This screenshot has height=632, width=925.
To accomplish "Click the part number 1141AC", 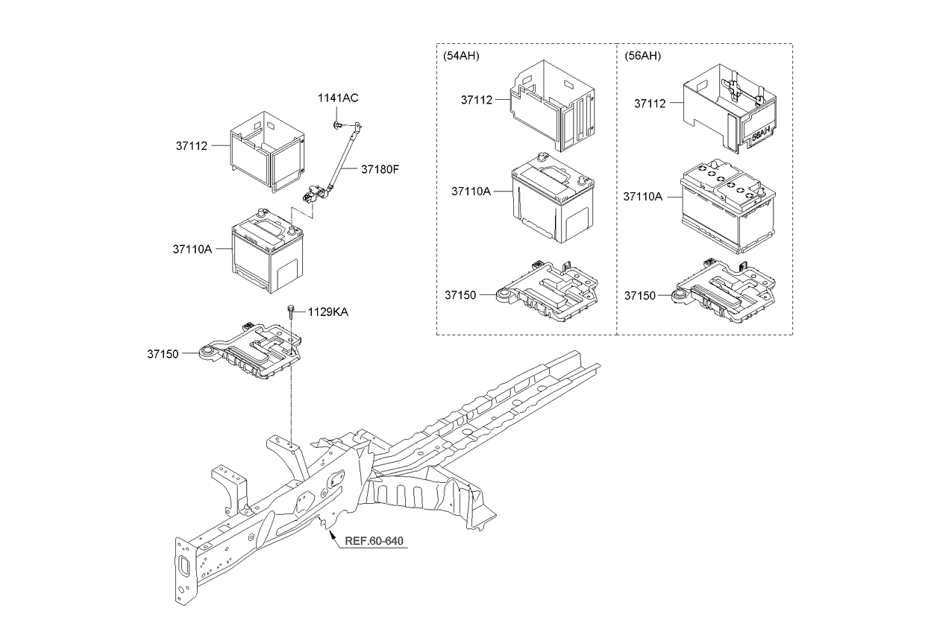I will pyautogui.click(x=337, y=98).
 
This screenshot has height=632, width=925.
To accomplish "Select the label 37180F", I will pyautogui.click(x=380, y=169).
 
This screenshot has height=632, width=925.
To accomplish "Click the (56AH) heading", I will pyautogui.click(x=642, y=56).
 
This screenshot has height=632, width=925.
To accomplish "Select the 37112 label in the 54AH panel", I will pyautogui.click(x=477, y=100).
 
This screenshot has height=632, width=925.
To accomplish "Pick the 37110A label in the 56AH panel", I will pyautogui.click(x=643, y=196).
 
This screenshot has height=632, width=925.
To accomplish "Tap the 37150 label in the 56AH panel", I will pyautogui.click(x=640, y=296).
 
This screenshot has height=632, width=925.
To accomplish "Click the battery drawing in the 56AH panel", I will pyautogui.click(x=727, y=207).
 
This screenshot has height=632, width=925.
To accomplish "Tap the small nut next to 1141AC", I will pyautogui.click(x=338, y=124).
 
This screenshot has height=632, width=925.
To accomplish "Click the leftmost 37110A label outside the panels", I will pyautogui.click(x=192, y=249).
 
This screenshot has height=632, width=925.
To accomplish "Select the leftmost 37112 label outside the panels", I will pyautogui.click(x=192, y=147).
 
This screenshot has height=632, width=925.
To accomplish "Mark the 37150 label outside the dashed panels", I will pyautogui.click(x=163, y=353).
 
